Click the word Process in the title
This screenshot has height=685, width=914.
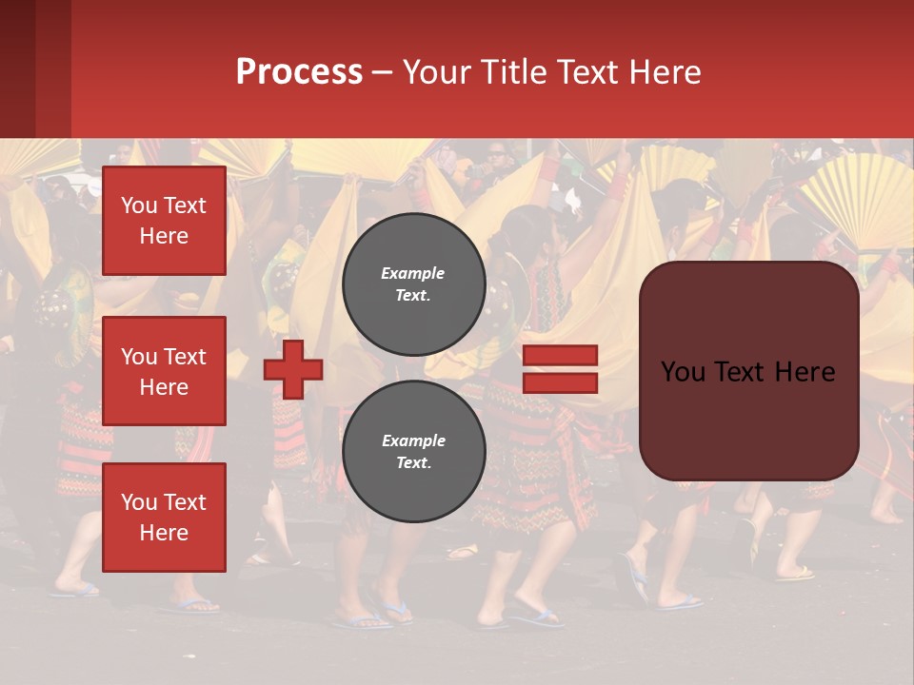pos(299,72)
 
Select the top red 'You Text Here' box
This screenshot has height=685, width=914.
pos(164,221)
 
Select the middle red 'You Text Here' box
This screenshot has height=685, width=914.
pos(164,371)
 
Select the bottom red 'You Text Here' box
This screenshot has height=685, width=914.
pos(164,517)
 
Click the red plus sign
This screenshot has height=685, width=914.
pos(293,369)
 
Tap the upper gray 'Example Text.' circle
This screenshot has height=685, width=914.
pos(413,284)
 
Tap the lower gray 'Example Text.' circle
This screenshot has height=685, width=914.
pos(413,452)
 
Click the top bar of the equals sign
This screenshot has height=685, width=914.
pos(560,355)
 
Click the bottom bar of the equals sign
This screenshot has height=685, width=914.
pos(560,382)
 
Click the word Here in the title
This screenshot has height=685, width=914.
pos(664,72)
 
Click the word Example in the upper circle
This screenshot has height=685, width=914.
pos(413,273)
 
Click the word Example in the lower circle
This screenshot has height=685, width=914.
pos(413,440)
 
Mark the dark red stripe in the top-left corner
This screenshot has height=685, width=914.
pos(35,68)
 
